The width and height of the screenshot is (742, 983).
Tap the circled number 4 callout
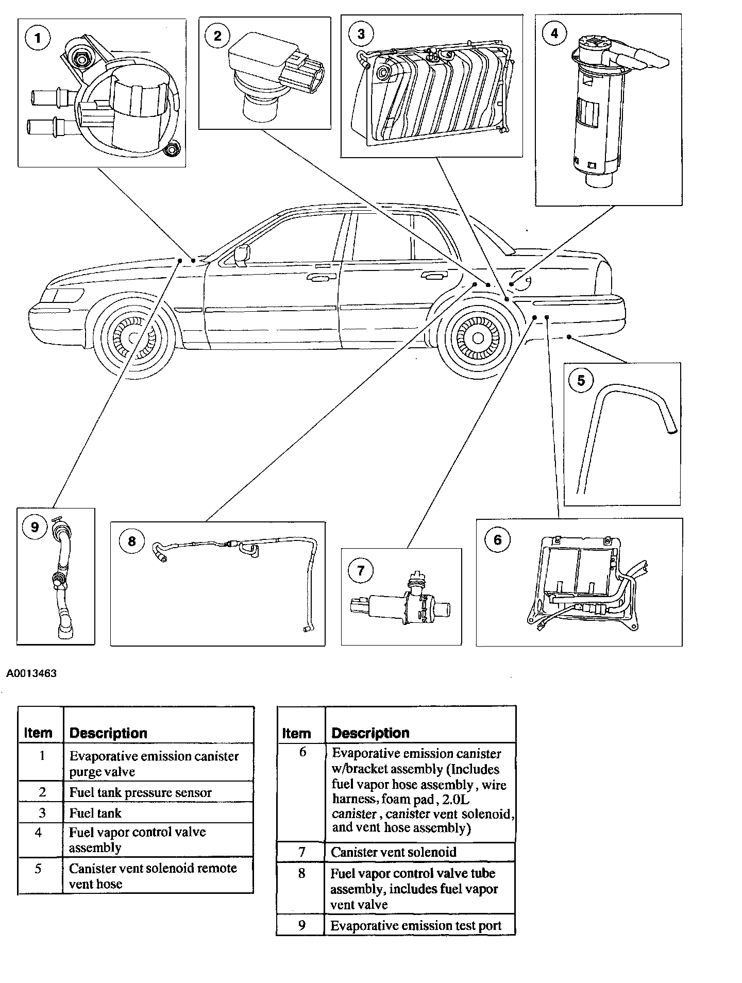(554, 33)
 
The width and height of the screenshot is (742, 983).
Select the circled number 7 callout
(361, 570)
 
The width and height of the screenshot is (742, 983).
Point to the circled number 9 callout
(35, 527)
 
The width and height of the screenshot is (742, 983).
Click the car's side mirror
(242, 255)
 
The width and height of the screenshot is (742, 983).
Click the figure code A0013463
(31, 673)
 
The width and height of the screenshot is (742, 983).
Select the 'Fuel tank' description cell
(95, 813)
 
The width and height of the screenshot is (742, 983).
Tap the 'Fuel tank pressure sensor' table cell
(140, 792)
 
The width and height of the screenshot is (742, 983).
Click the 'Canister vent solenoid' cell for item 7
(393, 852)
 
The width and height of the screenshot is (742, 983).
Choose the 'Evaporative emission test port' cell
(415, 925)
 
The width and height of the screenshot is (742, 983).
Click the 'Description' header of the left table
(108, 733)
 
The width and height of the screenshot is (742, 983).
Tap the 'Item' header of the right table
(296, 733)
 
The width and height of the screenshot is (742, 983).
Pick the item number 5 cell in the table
(38, 869)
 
